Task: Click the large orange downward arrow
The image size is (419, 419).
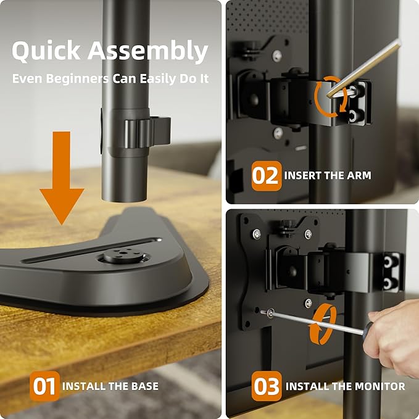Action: point(62,179)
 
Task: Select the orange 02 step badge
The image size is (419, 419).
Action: point(267,176)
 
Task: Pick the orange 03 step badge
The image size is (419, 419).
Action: point(267,386)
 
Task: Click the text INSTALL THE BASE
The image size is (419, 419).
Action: point(110,386)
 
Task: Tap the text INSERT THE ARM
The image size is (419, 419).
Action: point(328,176)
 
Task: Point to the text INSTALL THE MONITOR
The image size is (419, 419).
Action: point(345,387)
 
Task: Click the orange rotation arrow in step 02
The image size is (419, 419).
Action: point(330,96)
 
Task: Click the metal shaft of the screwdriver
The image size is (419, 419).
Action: point(315,323)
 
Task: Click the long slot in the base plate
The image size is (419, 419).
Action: point(93,249)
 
